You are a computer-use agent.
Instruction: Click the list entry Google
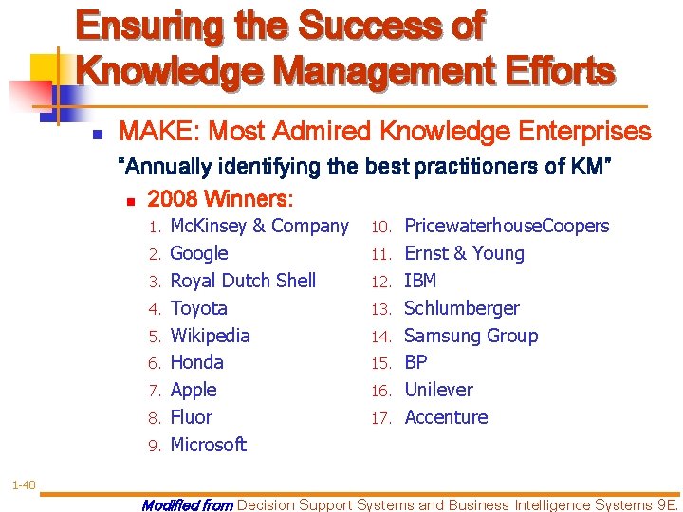click(199, 254)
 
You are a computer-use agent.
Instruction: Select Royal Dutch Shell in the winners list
click(243, 281)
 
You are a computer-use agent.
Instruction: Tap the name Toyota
click(199, 308)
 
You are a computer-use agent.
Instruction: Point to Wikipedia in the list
click(211, 336)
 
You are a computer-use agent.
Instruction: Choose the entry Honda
click(197, 362)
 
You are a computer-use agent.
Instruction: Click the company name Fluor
click(192, 417)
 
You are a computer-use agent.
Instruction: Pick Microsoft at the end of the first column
click(209, 445)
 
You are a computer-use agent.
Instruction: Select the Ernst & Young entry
click(464, 253)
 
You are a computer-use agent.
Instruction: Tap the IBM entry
click(420, 281)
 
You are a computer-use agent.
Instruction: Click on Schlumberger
click(462, 308)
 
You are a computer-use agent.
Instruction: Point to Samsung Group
click(471, 336)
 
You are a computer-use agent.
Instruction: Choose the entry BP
click(415, 362)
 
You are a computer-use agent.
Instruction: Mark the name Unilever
click(439, 390)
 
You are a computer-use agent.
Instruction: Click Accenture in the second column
click(446, 417)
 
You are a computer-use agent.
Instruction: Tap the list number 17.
click(381, 418)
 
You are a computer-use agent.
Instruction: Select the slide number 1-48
click(24, 485)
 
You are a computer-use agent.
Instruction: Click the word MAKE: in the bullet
click(158, 131)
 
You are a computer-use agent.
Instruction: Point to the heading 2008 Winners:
click(221, 200)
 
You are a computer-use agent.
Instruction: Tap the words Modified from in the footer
click(187, 504)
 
